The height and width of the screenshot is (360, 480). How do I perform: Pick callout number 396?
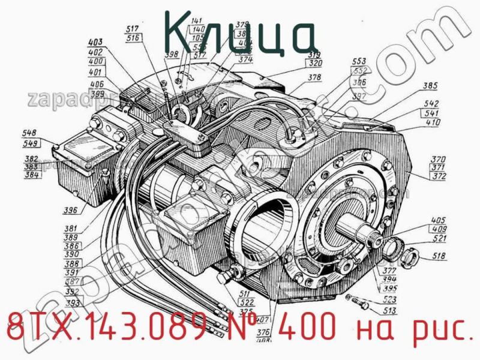pyautogui.click(x=71, y=211)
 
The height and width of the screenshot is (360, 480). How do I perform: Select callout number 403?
pyautogui.click(x=95, y=43)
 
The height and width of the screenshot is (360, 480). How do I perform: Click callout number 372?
pyautogui.click(x=439, y=176)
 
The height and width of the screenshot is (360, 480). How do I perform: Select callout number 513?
pyautogui.click(x=390, y=310)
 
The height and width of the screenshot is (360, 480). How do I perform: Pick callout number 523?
pyautogui.click(x=390, y=299)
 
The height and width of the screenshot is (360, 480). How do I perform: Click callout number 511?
pyautogui.click(x=245, y=293)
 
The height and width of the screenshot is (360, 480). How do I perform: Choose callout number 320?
pyautogui.click(x=316, y=62)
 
